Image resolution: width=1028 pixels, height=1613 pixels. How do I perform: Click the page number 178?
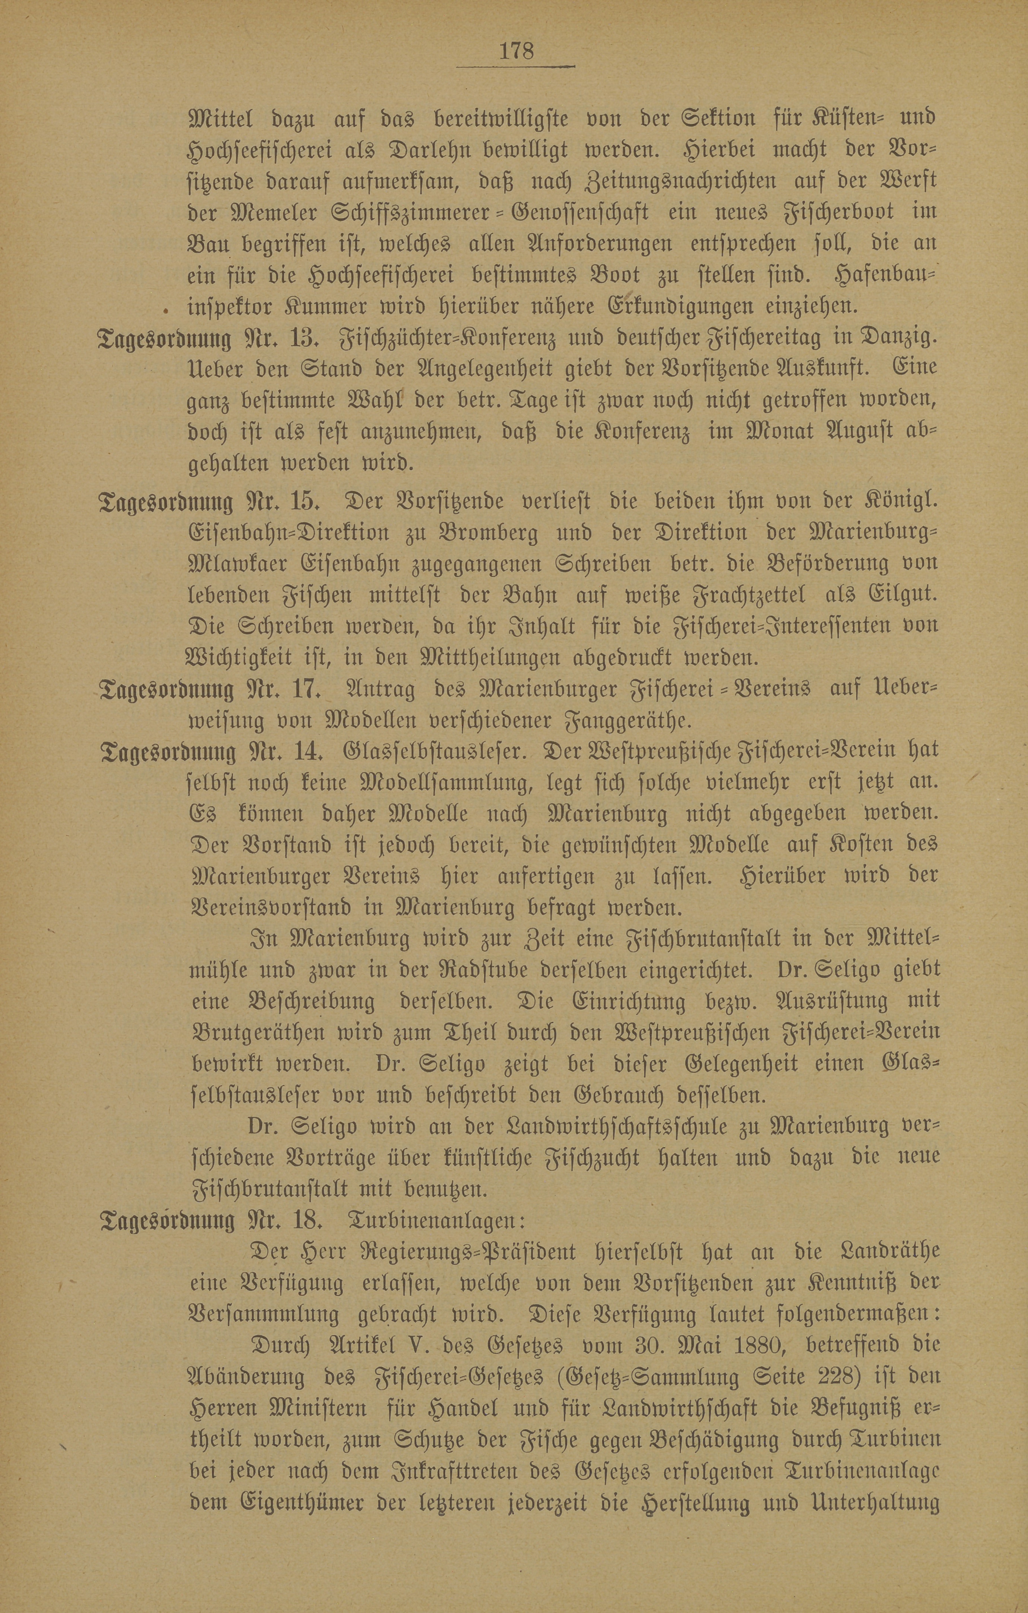515,51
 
